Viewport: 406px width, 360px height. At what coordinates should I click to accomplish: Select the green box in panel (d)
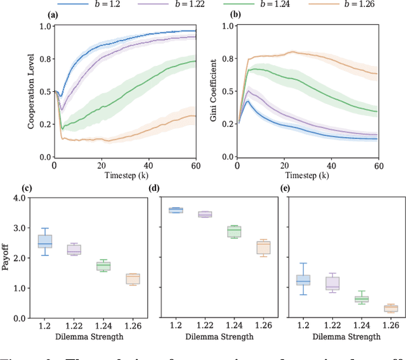click(x=234, y=231)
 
